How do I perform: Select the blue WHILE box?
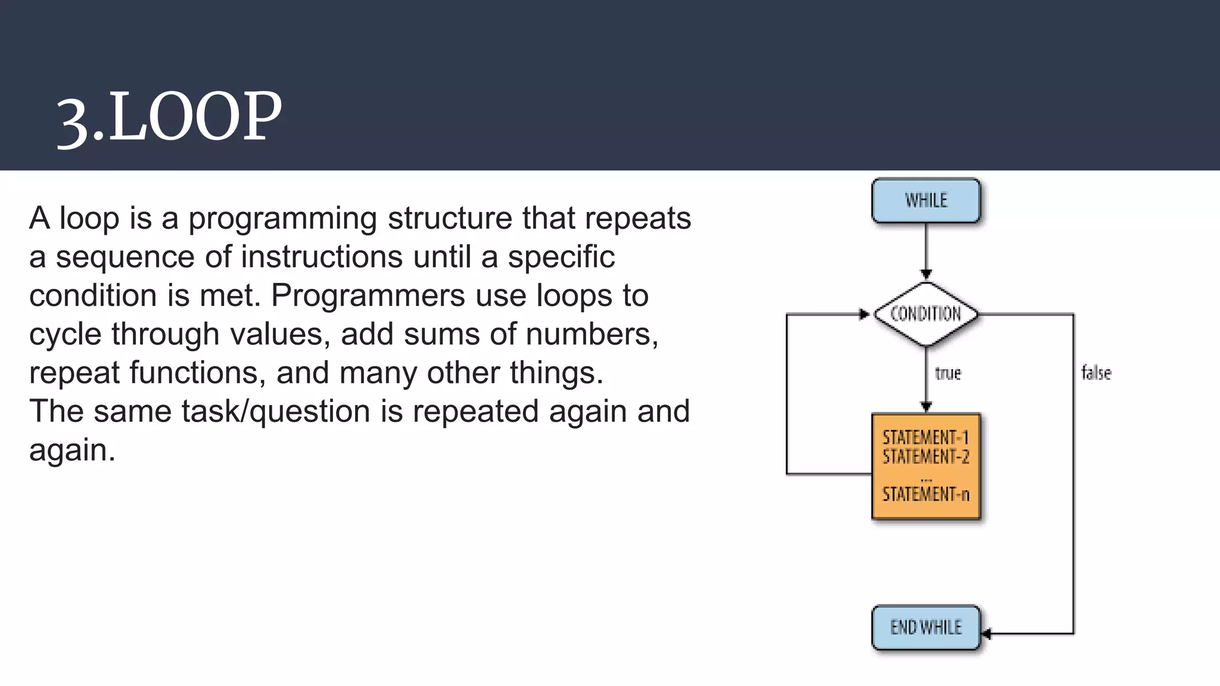coord(926,201)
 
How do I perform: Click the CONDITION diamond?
coord(926,314)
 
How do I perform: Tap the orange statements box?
coord(926,466)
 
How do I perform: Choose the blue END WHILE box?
coord(926,628)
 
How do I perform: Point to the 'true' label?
coord(948,373)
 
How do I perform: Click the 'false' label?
coord(1096,373)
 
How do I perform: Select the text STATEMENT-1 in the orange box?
coord(926,438)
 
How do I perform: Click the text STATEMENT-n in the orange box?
coord(926,494)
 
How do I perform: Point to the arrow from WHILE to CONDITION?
coord(926,250)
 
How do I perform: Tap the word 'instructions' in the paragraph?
coord(322,257)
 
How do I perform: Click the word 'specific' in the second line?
coord(561,257)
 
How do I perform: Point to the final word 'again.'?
coord(72,450)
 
